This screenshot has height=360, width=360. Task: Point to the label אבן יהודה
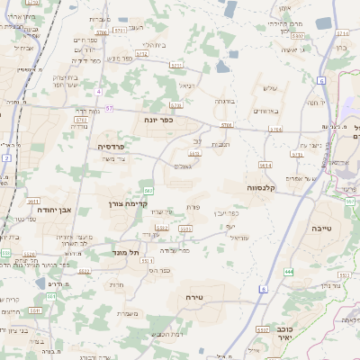[x=54, y=209]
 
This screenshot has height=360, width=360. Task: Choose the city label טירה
[x=195, y=296]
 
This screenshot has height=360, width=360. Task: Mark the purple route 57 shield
[x=109, y=108]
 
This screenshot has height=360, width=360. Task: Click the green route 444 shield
[x=288, y=271]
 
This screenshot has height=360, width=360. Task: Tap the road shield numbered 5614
[x=265, y=166]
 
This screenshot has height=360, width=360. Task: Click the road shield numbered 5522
[x=84, y=270]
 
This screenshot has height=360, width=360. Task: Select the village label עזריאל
[x=238, y=238]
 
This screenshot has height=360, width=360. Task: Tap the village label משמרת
[x=127, y=313]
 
